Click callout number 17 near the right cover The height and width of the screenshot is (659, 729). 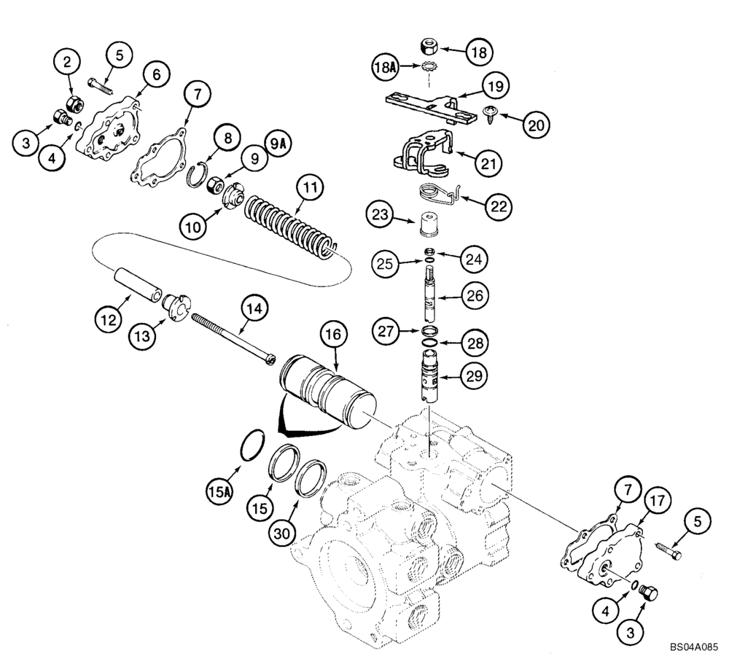(657, 502)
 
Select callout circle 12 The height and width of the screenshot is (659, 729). (109, 318)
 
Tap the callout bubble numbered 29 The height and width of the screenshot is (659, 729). (475, 376)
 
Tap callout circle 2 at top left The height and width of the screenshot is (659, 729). (67, 63)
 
